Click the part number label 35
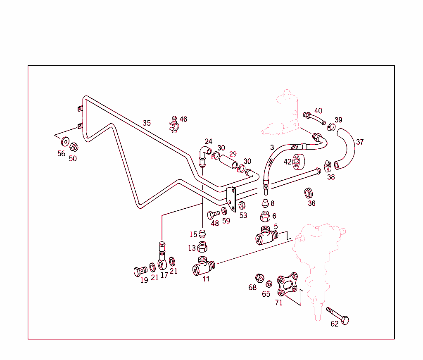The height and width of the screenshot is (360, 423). pos(147,123)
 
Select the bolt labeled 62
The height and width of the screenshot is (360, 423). pos(338,316)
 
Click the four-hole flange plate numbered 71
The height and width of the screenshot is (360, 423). pos(288,284)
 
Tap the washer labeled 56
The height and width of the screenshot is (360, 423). pos(65,141)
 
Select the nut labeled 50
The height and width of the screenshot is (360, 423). pos(74,147)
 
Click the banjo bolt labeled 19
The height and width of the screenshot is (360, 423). pos(140,271)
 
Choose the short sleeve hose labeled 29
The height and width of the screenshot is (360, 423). pos(228,161)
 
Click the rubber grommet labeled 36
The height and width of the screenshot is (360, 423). pos(308,193)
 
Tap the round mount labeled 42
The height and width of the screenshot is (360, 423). pos(298,161)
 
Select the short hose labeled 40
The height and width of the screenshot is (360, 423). pos(314,118)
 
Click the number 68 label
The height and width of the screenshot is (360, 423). pos(252,287)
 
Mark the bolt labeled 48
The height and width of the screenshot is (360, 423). pos(214,215)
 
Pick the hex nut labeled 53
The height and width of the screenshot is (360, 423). pos(242,205)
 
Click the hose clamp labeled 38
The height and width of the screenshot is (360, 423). pos(328,166)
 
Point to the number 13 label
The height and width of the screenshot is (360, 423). pos(192,248)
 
